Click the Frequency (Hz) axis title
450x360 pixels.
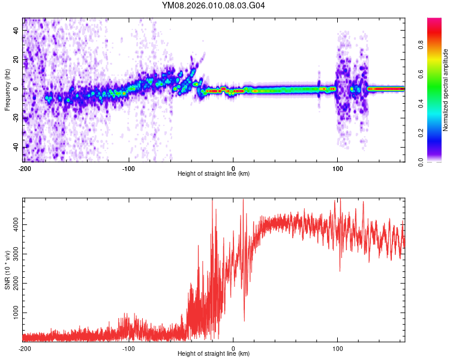tap(7, 89)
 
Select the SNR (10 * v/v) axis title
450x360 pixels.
tap(7, 269)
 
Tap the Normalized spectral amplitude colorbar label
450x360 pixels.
tap(445, 90)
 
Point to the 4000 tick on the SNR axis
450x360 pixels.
tap(14, 224)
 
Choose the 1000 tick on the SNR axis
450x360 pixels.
tap(14, 313)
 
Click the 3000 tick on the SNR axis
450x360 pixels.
tap(14, 254)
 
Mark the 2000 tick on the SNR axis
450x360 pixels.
tap(14, 283)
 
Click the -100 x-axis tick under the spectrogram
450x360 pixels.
tap(128, 167)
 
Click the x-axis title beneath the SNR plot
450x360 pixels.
tap(214, 354)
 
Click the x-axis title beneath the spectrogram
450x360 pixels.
tap(214, 173)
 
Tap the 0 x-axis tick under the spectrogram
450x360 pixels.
tap(233, 167)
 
